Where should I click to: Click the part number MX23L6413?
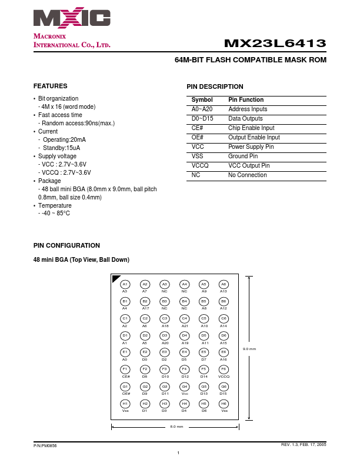tap(275, 44)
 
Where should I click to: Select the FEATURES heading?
tap(50, 86)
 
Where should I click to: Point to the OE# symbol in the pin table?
tap(198, 137)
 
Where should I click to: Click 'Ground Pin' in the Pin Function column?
tap(242, 156)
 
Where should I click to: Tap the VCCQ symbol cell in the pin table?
tap(200, 165)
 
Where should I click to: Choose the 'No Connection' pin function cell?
tap(247, 175)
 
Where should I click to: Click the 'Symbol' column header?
tap(202, 99)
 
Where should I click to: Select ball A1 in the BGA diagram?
tap(125, 284)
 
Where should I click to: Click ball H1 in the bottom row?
tap(125, 404)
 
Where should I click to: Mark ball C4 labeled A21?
tap(184, 318)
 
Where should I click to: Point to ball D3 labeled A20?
tap(165, 335)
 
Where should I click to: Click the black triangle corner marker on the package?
tap(115, 278)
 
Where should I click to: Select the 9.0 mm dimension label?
tap(249, 349)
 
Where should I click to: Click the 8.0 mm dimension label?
tap(176, 426)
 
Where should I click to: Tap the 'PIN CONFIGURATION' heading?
tap(66, 245)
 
